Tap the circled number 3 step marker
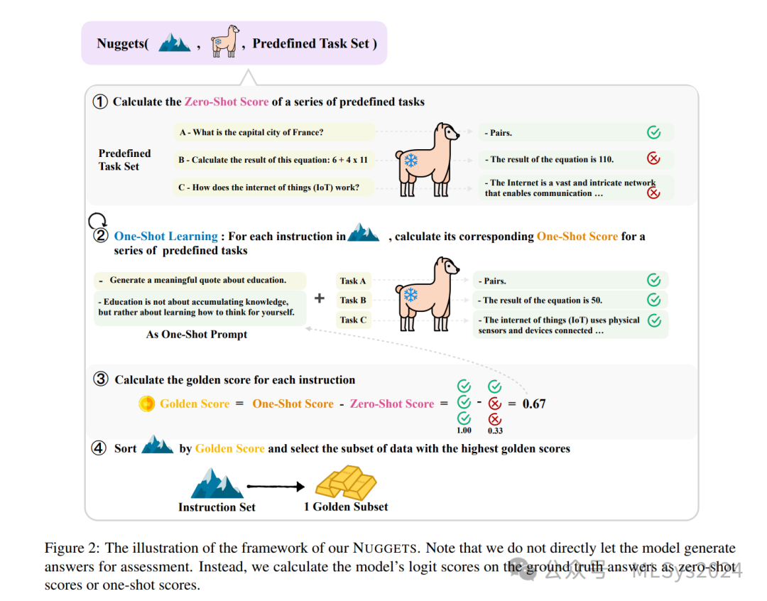click(x=102, y=379)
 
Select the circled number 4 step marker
click(x=99, y=448)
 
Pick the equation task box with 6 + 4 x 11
click(x=273, y=160)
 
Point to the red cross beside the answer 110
click(x=653, y=159)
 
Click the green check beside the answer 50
click(x=654, y=300)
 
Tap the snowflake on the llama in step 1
click(x=410, y=161)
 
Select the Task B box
click(x=354, y=300)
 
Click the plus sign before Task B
click(x=320, y=299)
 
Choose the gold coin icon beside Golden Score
click(x=146, y=404)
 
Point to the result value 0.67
click(x=534, y=404)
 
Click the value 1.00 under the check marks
click(x=464, y=431)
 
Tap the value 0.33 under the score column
click(x=495, y=431)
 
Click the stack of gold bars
click(x=346, y=482)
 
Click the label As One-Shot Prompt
click(x=197, y=334)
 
